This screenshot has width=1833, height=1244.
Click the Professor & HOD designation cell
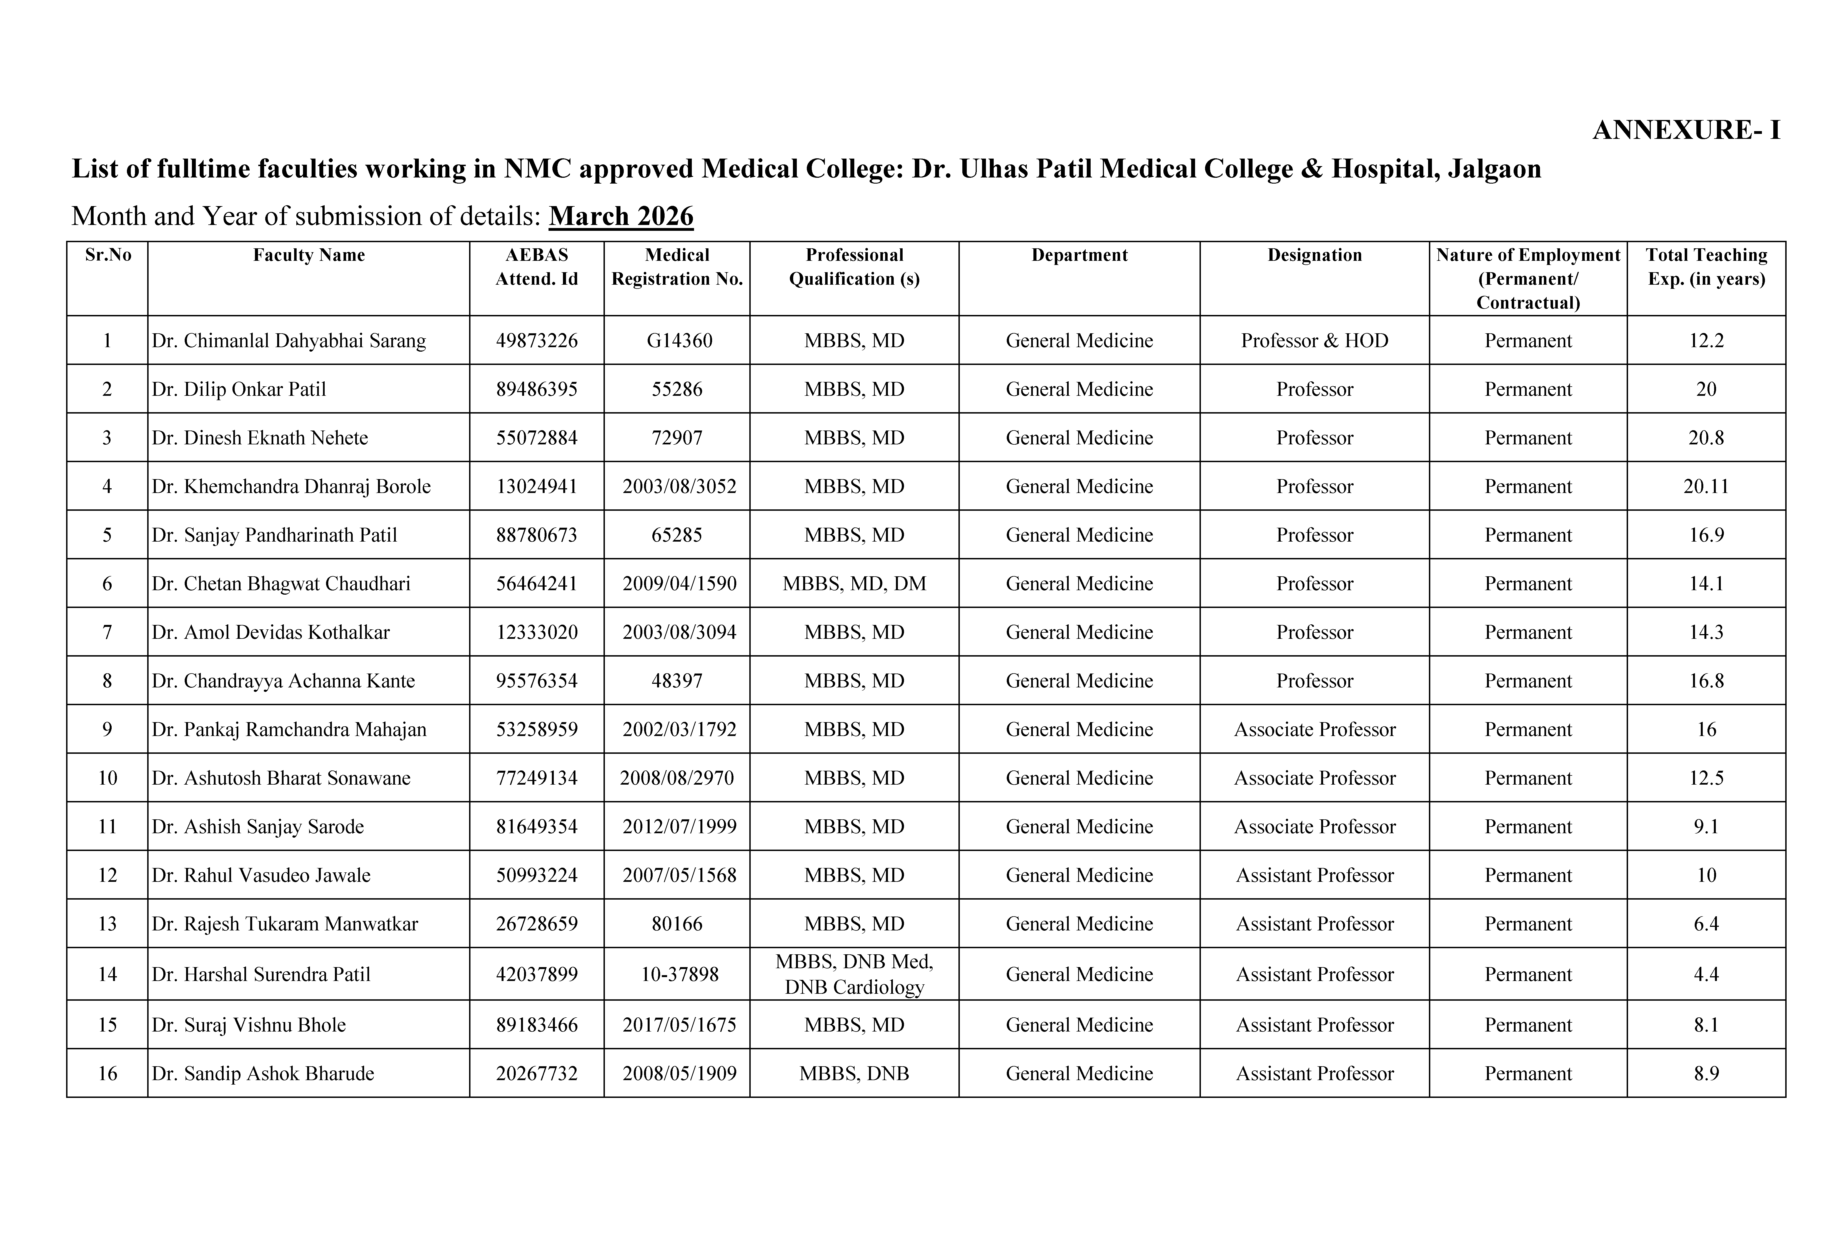pos(1314,341)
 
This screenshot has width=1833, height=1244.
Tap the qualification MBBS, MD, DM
pos(854,584)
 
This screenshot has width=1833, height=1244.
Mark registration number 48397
pos(677,681)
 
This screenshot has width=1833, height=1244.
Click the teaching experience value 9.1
pos(1706,827)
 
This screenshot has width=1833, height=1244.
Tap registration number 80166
pos(677,924)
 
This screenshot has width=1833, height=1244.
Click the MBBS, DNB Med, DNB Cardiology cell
pos(854,974)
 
